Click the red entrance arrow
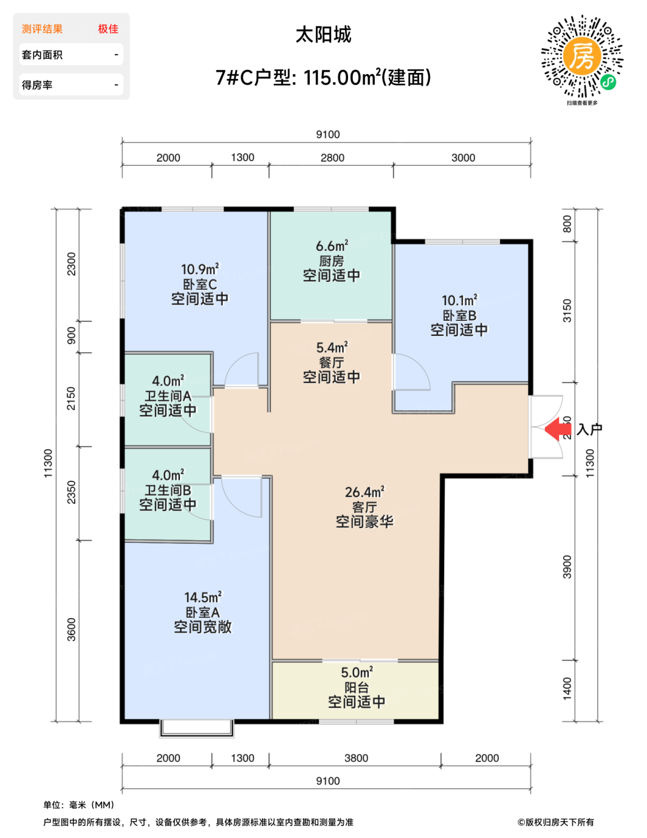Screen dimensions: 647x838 tap(557, 429)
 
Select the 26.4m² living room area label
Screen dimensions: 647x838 tap(364, 492)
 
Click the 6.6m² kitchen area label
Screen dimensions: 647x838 tap(332, 245)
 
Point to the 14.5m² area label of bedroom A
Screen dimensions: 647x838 tap(203, 597)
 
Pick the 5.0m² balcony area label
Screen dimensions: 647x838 tap(356, 673)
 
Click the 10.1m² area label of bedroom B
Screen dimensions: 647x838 tap(459, 300)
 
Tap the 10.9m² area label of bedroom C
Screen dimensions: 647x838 tap(200, 269)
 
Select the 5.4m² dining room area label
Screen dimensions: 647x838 tap(332, 347)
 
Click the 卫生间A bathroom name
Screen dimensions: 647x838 tap(168, 396)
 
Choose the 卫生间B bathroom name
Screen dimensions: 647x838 tap(168, 490)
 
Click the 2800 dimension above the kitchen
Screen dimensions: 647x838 tap(332, 158)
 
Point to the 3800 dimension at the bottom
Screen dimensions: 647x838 tap(356, 758)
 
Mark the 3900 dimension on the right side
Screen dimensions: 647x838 tap(567, 567)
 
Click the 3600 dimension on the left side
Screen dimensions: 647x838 tap(72, 630)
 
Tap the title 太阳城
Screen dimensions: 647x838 tap(323, 35)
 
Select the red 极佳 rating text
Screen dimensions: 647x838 tap(108, 29)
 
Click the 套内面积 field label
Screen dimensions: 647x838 tap(42, 54)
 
